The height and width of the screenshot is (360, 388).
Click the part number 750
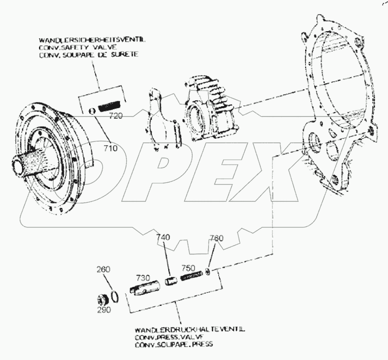pyautogui.click(x=189, y=268)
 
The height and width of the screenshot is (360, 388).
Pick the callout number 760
pyautogui.click(x=216, y=238)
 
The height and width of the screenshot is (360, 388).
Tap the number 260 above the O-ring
pyautogui.click(x=104, y=269)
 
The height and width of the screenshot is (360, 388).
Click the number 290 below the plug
pyautogui.click(x=104, y=310)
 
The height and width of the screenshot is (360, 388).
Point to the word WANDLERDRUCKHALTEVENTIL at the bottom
pyautogui.click(x=188, y=330)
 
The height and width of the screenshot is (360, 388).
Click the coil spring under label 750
pyautogui.click(x=192, y=276)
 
